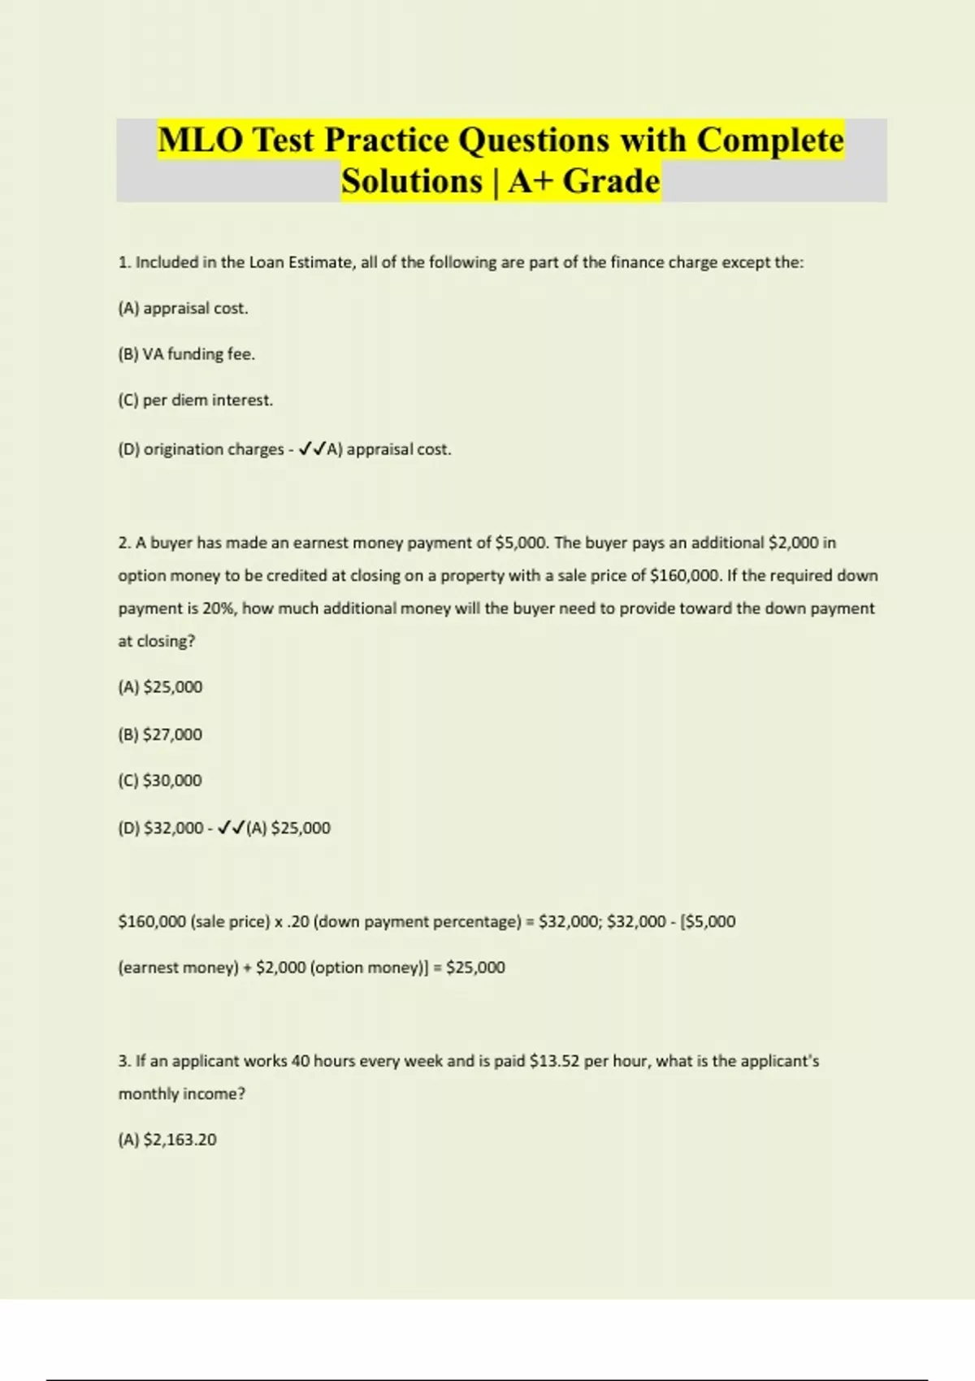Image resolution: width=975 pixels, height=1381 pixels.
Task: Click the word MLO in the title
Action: [x=200, y=140]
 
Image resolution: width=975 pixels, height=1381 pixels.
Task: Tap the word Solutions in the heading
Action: [x=411, y=181]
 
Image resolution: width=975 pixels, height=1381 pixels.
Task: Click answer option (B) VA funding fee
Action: [x=186, y=354]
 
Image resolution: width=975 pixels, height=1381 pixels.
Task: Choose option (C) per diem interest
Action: [x=195, y=400]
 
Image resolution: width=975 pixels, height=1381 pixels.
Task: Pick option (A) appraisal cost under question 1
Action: [x=183, y=309]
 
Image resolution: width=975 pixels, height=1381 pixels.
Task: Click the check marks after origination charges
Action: [x=312, y=449]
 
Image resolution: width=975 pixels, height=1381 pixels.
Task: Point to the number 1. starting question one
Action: [x=124, y=262]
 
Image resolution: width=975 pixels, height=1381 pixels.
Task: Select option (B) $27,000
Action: [x=160, y=734]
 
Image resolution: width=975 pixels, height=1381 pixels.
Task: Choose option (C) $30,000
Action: [x=160, y=781]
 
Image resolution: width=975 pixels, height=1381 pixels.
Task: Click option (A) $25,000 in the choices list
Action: [x=160, y=687]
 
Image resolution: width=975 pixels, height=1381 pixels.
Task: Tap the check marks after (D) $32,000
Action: [x=231, y=828]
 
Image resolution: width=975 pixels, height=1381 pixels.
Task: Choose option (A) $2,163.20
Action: [x=167, y=1140]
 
